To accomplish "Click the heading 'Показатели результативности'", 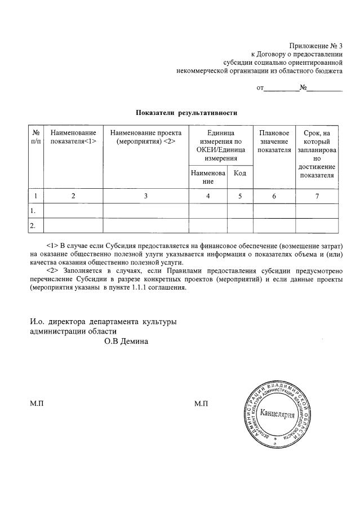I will click(186, 113).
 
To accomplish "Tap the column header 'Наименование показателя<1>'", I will click(73, 137).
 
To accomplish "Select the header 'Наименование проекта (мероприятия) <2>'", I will click(146, 137).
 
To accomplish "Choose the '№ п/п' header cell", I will click(35, 137).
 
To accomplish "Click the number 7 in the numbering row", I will click(317, 196).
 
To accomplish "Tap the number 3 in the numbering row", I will click(145, 196).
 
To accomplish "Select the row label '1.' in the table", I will click(33, 211).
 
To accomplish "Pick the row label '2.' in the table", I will click(33, 225).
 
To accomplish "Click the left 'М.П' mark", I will click(37, 403).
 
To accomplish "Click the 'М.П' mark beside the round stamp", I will click(201, 403).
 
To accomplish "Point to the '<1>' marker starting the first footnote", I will click(52, 246).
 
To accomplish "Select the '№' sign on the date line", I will click(303, 88).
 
